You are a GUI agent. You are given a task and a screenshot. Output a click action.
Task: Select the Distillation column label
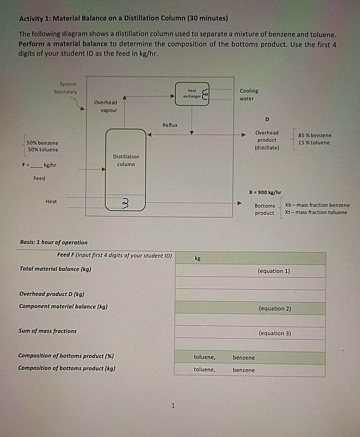tap(126, 161)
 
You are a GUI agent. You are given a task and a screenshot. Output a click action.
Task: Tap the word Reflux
tap(170, 125)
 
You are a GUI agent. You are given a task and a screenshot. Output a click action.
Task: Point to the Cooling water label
tap(249, 94)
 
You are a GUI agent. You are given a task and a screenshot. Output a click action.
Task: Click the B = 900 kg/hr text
tap(265, 192)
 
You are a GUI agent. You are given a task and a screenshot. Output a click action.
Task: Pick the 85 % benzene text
tap(315, 135)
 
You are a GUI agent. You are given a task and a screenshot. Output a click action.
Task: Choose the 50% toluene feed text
tap(43, 150)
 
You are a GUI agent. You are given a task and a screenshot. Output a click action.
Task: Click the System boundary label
tap(66, 88)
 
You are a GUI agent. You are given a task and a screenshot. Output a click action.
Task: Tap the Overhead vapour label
tap(106, 106)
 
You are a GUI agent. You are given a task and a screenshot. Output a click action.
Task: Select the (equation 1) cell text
tap(274, 271)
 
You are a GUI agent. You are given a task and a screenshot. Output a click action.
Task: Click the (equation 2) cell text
tap(275, 308)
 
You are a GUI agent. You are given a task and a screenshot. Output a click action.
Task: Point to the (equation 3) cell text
tap(275, 333)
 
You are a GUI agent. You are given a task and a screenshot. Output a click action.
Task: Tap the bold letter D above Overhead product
tap(267, 119)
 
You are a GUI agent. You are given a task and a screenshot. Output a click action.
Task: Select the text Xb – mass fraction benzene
tap(317, 205)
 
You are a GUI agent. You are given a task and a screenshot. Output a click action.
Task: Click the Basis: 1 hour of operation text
tap(54, 242)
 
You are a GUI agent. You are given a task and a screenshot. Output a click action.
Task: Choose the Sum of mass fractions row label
tap(47, 331)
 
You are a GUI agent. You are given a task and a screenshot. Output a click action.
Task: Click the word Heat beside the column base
tap(51, 201)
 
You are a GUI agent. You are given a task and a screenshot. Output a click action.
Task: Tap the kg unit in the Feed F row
tap(198, 258)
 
